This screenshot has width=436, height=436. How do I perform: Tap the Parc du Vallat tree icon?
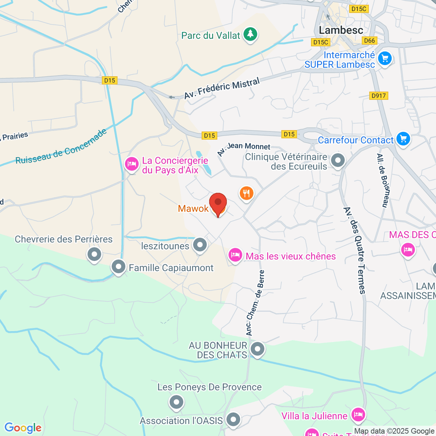250,35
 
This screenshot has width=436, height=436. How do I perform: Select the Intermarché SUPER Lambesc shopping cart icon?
384,58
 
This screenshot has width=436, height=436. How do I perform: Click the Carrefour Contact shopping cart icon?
403,139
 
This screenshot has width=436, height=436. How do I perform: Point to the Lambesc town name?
341,30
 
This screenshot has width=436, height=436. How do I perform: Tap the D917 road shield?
379,96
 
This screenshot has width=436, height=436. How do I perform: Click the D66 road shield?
370,41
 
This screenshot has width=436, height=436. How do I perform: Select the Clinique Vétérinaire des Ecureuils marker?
338,160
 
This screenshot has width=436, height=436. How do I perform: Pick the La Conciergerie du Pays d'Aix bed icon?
132,164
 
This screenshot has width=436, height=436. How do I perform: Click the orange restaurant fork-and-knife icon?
247,193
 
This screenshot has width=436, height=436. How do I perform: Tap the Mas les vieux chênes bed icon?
235,255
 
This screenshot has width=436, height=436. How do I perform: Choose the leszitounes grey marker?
200,245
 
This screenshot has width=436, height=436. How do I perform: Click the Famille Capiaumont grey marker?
118,267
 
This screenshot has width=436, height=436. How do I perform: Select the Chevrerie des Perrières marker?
94,254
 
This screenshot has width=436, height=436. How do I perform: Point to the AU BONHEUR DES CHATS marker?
258,349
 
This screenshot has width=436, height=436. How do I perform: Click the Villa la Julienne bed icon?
358,415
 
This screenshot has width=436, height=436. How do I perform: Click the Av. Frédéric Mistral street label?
222,89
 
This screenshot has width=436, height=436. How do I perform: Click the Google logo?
23,428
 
